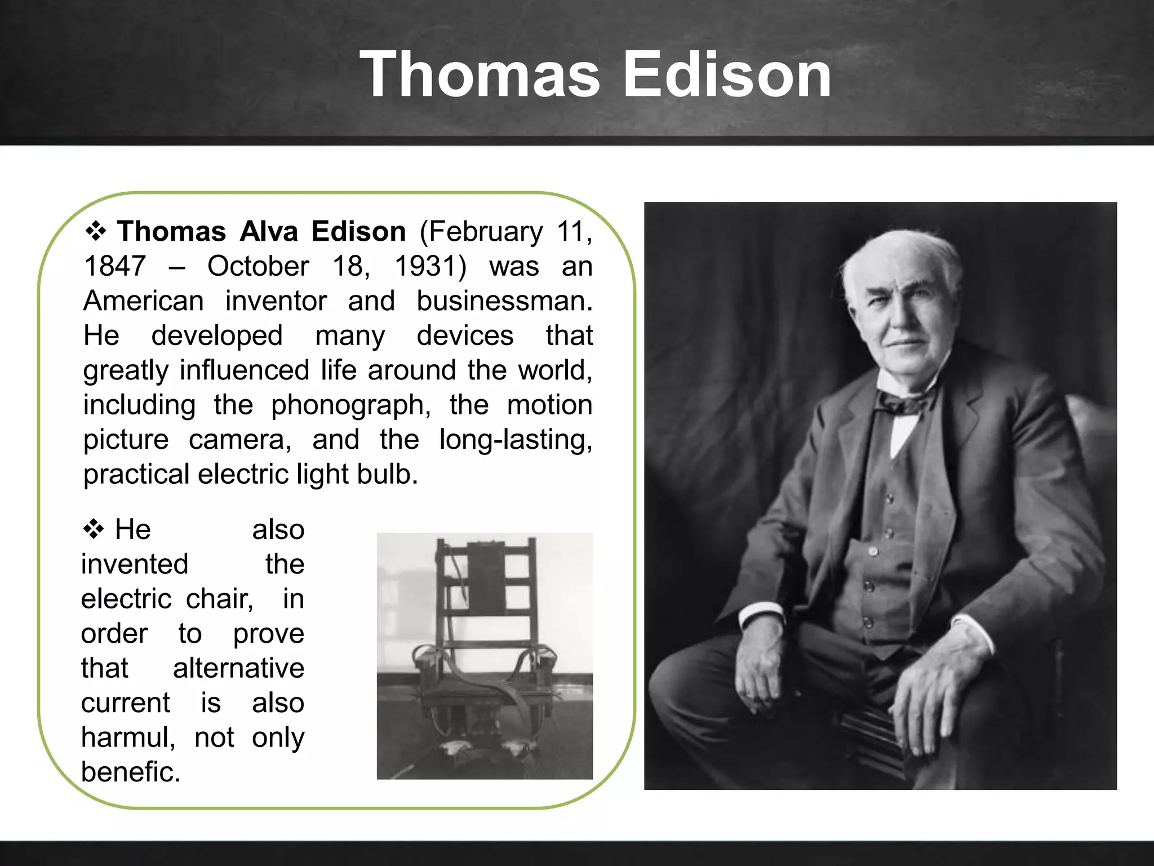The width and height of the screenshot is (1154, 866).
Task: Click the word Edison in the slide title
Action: [727, 74]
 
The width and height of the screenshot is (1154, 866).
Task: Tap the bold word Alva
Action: [269, 232]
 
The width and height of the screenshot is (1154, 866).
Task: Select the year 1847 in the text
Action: [115, 266]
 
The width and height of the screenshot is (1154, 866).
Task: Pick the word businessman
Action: [504, 301]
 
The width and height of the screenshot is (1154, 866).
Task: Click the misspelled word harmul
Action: [128, 737]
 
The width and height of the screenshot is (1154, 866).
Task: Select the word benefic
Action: [130, 772]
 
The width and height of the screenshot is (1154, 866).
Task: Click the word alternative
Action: [238, 668]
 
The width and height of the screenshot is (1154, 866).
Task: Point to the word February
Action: [481, 232]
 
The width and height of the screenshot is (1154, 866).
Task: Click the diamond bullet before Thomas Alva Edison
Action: [96, 231]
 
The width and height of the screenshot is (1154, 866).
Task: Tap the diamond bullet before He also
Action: [94, 529]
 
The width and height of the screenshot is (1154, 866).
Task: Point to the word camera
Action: [240, 440]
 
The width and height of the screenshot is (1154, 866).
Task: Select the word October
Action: [258, 266]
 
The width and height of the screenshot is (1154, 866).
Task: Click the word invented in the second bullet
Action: [135, 564]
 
